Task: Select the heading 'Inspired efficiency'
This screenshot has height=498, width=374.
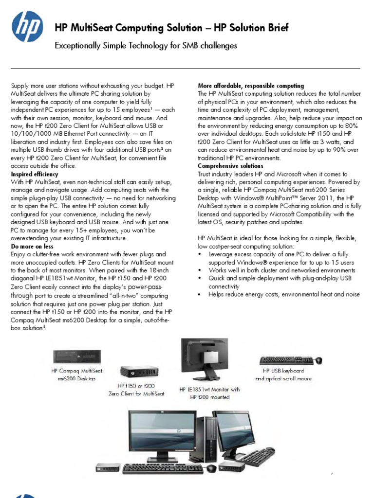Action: [35, 174]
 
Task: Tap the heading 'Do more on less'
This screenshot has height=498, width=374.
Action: [31, 247]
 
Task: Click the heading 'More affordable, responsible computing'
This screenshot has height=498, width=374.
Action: [251, 86]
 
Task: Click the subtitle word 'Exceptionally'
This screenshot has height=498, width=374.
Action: [76, 46]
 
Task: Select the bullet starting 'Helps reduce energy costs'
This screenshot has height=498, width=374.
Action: [284, 294]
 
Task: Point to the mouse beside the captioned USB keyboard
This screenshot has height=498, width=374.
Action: [319, 360]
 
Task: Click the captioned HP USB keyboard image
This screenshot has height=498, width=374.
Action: [286, 360]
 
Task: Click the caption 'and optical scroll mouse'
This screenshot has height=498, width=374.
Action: [283, 378]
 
